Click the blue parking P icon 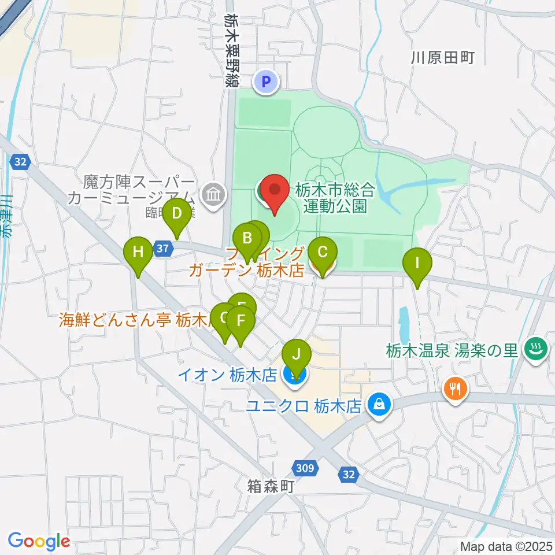coord(267,82)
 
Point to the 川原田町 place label coord(443,57)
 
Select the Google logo coord(39,541)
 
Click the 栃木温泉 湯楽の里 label coord(453,350)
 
